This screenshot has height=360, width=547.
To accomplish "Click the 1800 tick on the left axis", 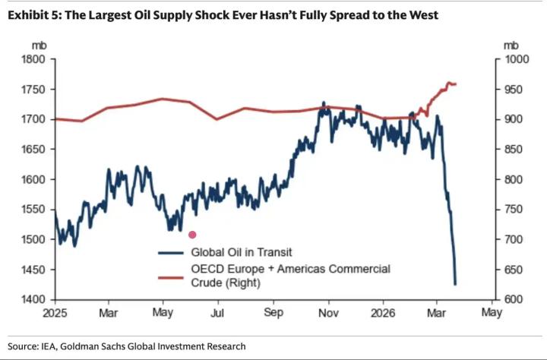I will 36,59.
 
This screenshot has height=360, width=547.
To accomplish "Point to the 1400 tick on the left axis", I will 36,300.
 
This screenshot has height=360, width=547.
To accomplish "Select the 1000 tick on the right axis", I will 512,59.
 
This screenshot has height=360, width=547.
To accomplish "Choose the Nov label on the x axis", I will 328,312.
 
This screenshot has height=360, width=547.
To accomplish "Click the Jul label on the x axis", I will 218,312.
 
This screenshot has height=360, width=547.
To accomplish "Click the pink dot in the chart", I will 192,235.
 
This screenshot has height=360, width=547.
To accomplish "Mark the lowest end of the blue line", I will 455,284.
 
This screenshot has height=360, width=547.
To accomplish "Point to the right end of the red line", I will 455,84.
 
